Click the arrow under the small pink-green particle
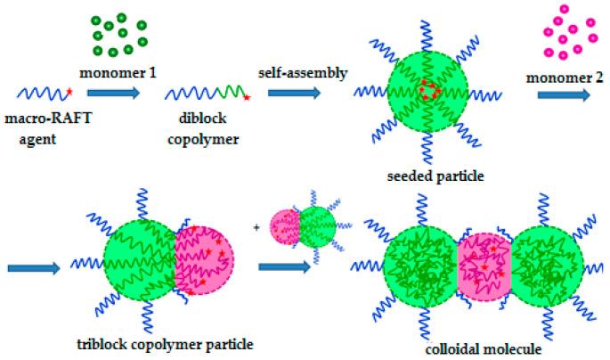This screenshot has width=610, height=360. pos(282,266)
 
